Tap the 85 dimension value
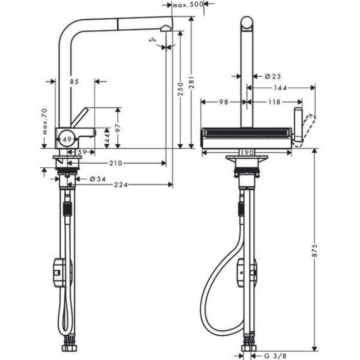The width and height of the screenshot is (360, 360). [x=75, y=81]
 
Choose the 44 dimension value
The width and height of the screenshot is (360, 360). [x=107, y=135]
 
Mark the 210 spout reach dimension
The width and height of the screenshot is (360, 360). [x=115, y=164]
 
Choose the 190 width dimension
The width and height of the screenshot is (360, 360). [x=246, y=152]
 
